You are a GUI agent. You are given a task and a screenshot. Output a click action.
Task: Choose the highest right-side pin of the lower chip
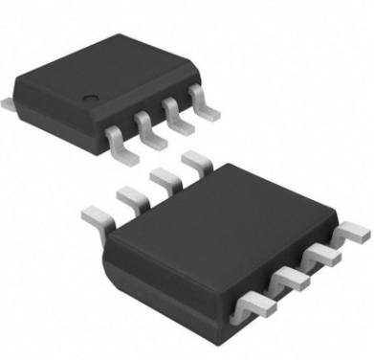[353, 233]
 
